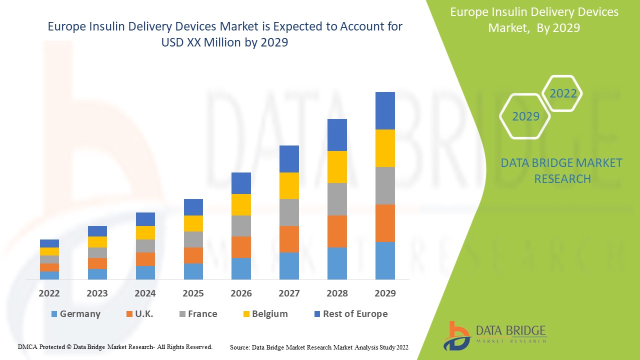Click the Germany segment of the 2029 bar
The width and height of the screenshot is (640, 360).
click(x=385, y=260)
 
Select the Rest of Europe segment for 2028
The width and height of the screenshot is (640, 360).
click(x=337, y=135)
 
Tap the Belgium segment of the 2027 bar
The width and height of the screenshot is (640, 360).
click(x=289, y=185)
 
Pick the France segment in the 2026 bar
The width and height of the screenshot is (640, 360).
click(x=241, y=226)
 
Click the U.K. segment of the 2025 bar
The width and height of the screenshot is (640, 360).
click(x=193, y=255)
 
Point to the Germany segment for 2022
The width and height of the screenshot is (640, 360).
click(x=49, y=275)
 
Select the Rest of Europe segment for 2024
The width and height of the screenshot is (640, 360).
click(x=145, y=219)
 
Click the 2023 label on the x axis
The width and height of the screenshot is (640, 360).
click(x=97, y=293)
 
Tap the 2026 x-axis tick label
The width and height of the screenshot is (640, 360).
click(x=241, y=293)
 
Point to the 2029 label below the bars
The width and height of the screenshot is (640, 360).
click(x=385, y=293)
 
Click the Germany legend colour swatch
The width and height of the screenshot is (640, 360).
click(x=54, y=314)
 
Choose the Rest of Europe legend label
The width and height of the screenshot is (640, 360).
click(x=355, y=314)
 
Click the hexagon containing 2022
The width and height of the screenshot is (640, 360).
click(x=563, y=93)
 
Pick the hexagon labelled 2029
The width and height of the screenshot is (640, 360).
click(x=525, y=116)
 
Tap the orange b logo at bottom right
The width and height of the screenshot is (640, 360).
click(x=456, y=335)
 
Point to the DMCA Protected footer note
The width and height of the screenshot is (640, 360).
click(x=115, y=346)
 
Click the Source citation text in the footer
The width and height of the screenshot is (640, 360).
click(x=319, y=347)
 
